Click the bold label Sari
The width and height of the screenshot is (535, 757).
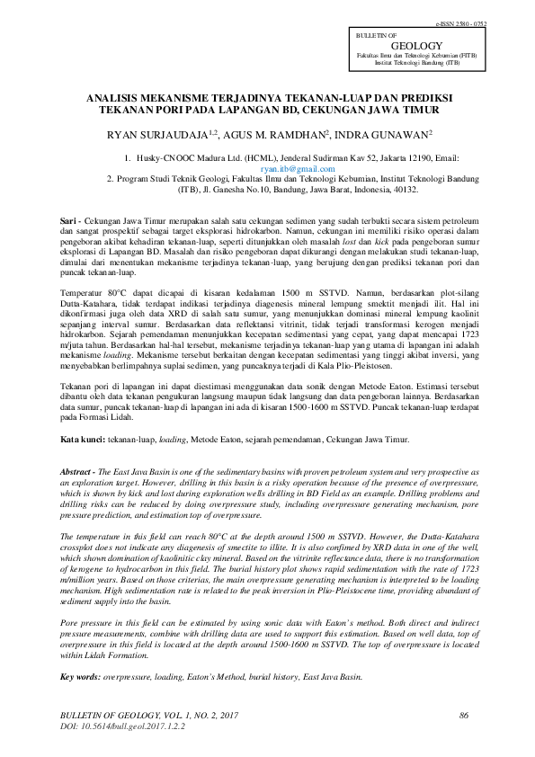[67, 220]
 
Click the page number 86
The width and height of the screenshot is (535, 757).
[464, 716]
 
